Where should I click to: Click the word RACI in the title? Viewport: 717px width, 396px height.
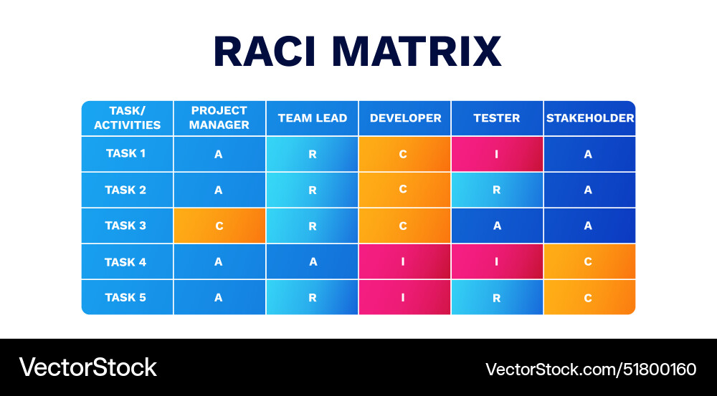(x=266, y=52)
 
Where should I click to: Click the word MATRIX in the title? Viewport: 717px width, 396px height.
(x=415, y=52)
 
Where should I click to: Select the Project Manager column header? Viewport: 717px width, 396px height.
(x=219, y=118)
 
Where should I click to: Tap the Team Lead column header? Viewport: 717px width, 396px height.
(x=313, y=118)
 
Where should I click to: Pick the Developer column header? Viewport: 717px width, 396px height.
(x=405, y=118)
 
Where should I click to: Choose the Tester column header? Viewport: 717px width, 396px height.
(x=497, y=118)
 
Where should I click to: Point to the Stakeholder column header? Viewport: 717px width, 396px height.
(x=589, y=118)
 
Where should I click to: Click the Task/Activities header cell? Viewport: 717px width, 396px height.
(x=127, y=118)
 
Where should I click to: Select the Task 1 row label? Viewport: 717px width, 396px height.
(x=126, y=153)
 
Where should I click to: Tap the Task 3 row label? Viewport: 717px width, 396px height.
(x=126, y=226)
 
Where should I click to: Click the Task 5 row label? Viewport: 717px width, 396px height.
(x=126, y=297)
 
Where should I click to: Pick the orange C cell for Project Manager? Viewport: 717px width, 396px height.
(x=219, y=226)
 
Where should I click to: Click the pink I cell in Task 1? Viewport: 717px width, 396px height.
(x=497, y=154)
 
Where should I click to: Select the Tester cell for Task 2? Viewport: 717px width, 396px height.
(x=497, y=190)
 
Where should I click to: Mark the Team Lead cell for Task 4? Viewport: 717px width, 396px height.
(x=313, y=262)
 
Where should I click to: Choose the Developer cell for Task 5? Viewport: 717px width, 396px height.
(x=404, y=298)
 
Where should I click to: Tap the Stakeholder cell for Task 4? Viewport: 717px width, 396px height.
(x=589, y=262)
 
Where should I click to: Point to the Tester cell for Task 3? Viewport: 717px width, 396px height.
(x=497, y=226)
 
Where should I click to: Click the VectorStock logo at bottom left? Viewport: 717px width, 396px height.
(x=87, y=367)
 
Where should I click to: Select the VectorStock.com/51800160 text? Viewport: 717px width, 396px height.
(x=591, y=370)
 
